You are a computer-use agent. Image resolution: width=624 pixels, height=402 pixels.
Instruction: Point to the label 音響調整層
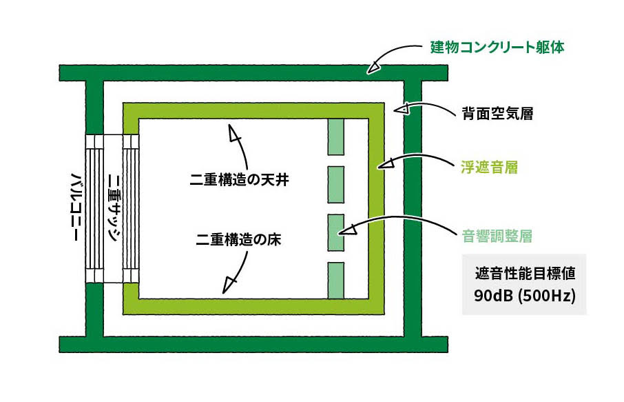[496, 235]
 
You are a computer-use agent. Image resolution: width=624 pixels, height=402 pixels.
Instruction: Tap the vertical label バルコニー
[77, 207]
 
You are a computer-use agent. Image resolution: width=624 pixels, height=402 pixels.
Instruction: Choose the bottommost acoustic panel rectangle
[335, 281]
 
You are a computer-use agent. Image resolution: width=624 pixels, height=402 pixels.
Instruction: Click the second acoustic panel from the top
[335, 184]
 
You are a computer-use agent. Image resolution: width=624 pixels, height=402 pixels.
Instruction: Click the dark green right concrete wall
[412, 207]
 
